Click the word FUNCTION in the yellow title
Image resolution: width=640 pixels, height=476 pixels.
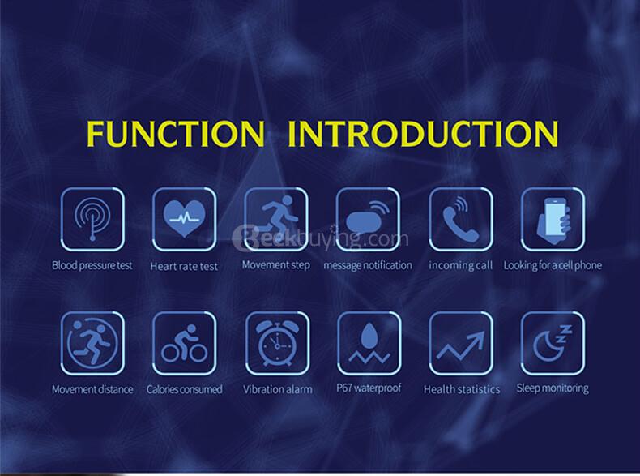176,133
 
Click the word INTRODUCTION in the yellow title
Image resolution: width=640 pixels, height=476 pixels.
423,133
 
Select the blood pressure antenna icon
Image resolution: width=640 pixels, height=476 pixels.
92,218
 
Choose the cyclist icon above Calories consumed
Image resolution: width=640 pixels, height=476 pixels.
185,343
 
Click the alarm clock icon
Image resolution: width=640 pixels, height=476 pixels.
277,344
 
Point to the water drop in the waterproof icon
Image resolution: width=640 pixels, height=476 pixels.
369,335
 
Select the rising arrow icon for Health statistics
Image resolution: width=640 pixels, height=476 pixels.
460,345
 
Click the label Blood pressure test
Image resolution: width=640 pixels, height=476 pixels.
92,266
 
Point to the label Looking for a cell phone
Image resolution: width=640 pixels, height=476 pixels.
553,266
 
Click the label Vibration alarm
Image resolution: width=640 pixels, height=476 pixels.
278,389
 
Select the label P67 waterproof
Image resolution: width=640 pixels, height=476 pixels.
369,388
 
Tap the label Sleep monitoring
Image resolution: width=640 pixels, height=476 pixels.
553,388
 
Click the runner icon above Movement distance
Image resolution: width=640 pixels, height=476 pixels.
92,343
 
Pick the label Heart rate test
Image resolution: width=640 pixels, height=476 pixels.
184,267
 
